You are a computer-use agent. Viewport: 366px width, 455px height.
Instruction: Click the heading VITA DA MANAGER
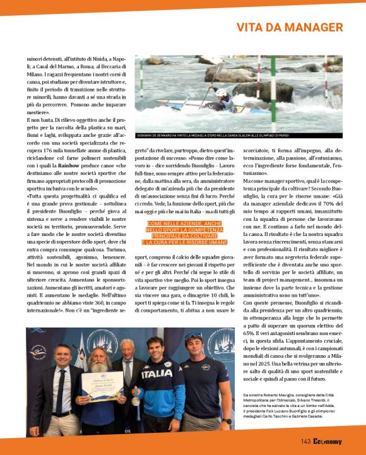[298, 28]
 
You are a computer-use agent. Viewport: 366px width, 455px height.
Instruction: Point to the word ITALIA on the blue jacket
[156, 373]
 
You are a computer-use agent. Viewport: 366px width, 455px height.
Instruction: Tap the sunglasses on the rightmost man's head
[194, 336]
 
